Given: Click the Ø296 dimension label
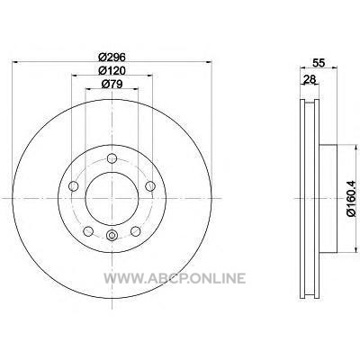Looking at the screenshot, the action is [x=112, y=57].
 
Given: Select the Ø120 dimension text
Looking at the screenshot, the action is [x=112, y=70].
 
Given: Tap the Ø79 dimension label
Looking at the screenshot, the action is [x=112, y=84].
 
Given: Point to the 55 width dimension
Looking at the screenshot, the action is [x=319, y=63].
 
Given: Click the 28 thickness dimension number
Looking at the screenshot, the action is [x=310, y=79].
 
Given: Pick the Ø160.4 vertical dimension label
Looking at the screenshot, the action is [x=352, y=198].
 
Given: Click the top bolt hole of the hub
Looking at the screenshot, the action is [x=112, y=157].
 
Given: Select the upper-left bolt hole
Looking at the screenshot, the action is [x=74, y=186].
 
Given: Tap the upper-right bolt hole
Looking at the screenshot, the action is [x=150, y=186].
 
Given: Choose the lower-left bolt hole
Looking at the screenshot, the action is [x=88, y=231].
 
